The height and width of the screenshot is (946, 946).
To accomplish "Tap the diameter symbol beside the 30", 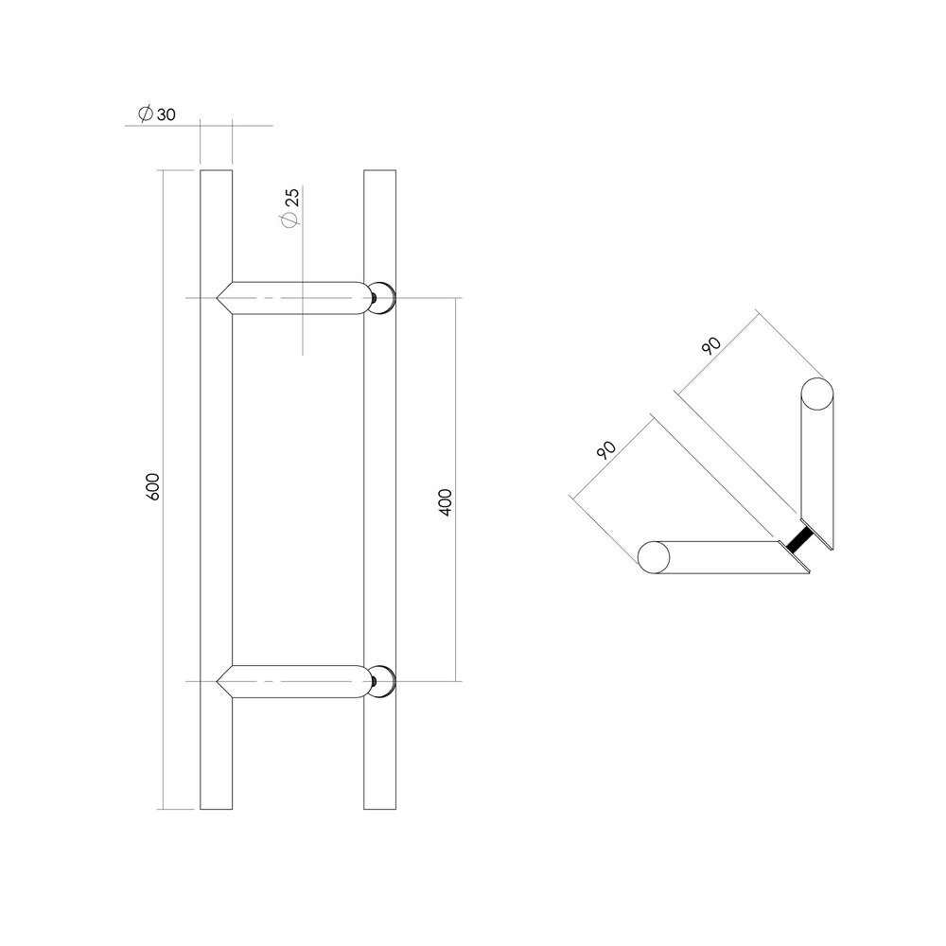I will (145, 114).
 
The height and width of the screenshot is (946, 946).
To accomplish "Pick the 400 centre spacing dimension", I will (447, 501).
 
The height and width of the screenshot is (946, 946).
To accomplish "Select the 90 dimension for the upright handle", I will (711, 344).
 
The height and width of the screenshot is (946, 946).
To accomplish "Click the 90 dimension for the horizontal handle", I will (606, 448).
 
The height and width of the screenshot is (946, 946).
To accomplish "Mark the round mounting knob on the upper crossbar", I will (385, 299).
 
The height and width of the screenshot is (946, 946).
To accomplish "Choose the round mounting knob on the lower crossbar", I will (385, 681).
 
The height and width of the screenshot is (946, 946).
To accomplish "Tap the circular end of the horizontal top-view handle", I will (655, 557).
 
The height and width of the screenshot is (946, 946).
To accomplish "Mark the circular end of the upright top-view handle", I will (818, 394).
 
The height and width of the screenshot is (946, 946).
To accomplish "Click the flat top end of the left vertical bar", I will (216, 171).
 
